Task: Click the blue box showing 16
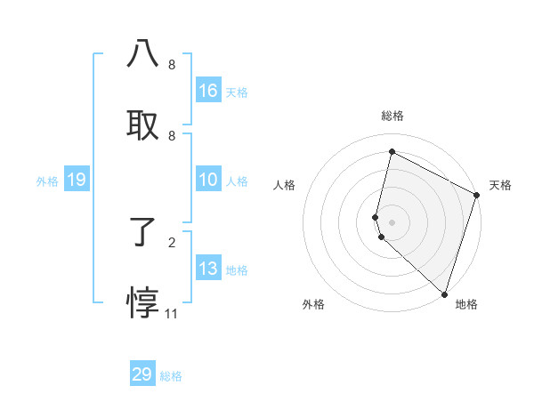(x=208, y=91)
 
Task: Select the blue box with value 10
(x=208, y=180)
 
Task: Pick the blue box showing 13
(x=208, y=269)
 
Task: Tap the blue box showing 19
(x=77, y=180)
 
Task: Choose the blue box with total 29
(x=142, y=374)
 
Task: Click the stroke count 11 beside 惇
(x=172, y=314)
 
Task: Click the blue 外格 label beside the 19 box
(x=47, y=181)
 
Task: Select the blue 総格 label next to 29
(x=171, y=376)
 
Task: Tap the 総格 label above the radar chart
(x=392, y=116)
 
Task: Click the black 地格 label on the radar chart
(x=466, y=304)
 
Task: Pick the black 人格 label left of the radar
(x=284, y=185)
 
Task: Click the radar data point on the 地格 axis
(x=444, y=293)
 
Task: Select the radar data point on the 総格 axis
(x=392, y=151)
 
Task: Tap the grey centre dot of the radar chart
(x=392, y=221)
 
